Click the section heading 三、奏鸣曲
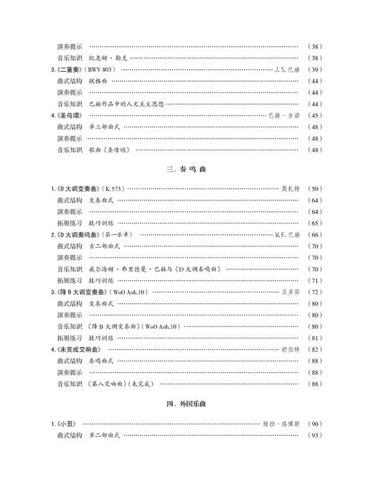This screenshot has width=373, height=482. pos(186,170)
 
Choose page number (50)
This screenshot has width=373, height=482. pos(313,188)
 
